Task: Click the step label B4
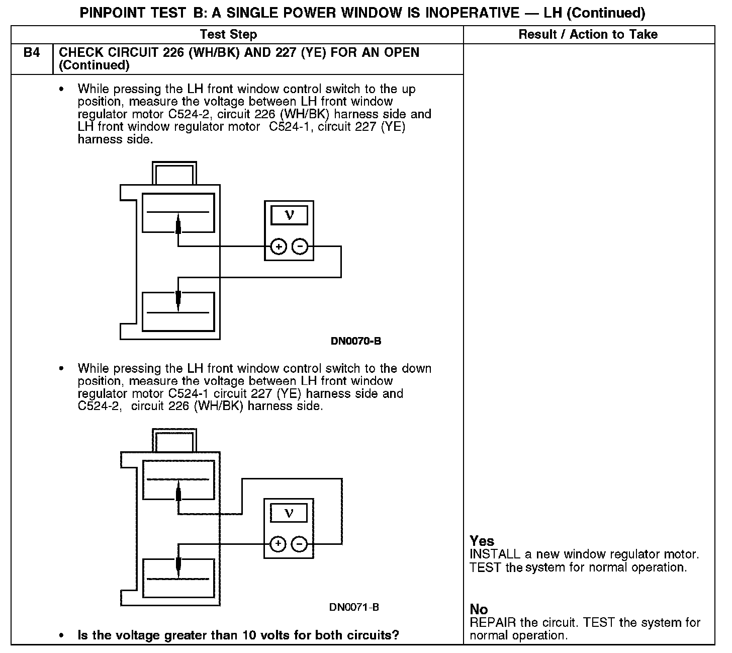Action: [31, 52]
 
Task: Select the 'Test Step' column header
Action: [228, 34]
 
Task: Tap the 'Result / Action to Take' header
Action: [588, 34]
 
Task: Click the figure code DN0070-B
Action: [355, 341]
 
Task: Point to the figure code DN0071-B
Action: [354, 607]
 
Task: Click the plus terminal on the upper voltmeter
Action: [279, 247]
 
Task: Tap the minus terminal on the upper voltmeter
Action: [300, 247]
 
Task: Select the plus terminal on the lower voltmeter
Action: [278, 544]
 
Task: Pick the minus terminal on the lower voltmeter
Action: [299, 544]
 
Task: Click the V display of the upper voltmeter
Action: [289, 215]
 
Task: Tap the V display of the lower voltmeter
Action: [289, 513]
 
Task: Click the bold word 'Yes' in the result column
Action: [482, 541]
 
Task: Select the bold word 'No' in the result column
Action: [479, 610]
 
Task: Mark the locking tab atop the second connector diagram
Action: [174, 440]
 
